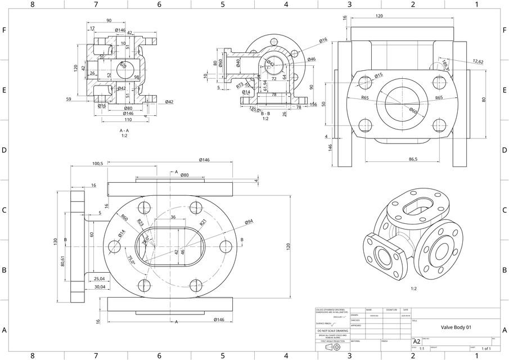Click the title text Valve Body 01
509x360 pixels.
point(456,327)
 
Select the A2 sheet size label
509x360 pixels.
point(417,341)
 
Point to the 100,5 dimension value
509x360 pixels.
point(97,164)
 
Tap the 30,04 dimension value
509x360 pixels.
point(99,286)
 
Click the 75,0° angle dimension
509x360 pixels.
point(131,259)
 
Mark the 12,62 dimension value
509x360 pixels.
point(478,61)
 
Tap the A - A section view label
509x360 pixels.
point(124,130)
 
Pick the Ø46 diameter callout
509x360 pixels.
point(312,59)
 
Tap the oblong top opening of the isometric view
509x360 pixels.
point(419,205)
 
